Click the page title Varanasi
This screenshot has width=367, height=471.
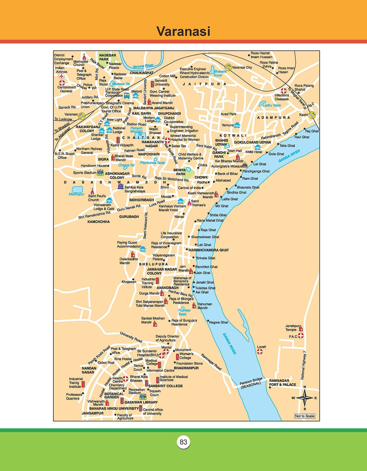(183, 32)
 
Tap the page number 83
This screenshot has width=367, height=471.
(183, 442)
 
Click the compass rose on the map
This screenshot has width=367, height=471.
(304, 398)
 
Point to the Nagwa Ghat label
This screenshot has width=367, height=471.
(218, 322)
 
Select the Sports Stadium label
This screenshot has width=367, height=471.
(84, 173)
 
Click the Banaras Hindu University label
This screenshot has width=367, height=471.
(114, 408)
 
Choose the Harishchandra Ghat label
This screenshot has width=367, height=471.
(208, 250)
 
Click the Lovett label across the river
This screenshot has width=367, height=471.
(261, 347)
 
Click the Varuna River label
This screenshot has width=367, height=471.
(143, 66)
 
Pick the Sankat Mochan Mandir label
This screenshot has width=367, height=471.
(153, 320)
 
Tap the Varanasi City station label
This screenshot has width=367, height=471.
(242, 68)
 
